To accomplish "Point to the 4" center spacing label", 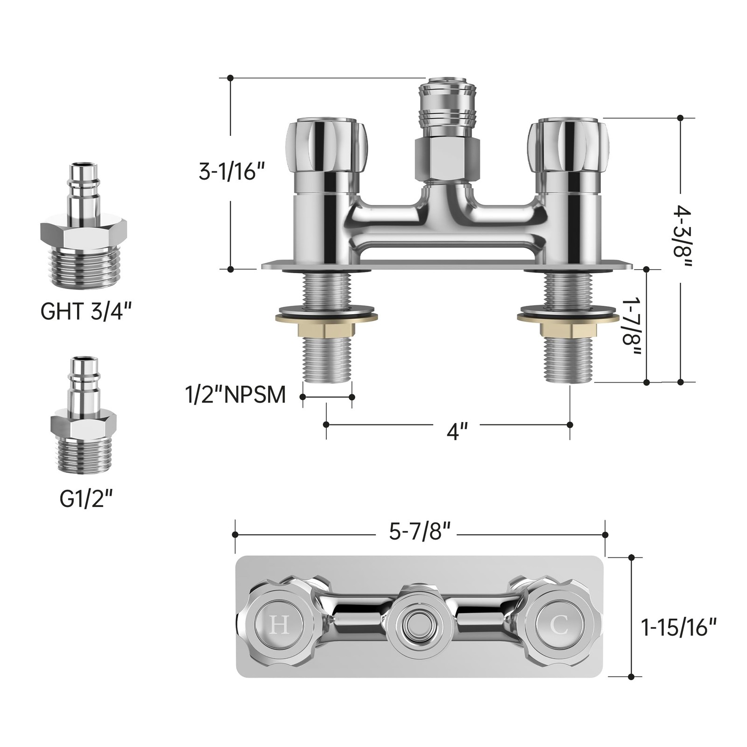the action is click(x=457, y=431).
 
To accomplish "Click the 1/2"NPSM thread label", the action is click(x=236, y=395).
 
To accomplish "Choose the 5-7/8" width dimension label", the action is click(x=420, y=531).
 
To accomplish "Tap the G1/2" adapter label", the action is click(x=86, y=500).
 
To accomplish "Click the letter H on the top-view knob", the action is click(x=279, y=625).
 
